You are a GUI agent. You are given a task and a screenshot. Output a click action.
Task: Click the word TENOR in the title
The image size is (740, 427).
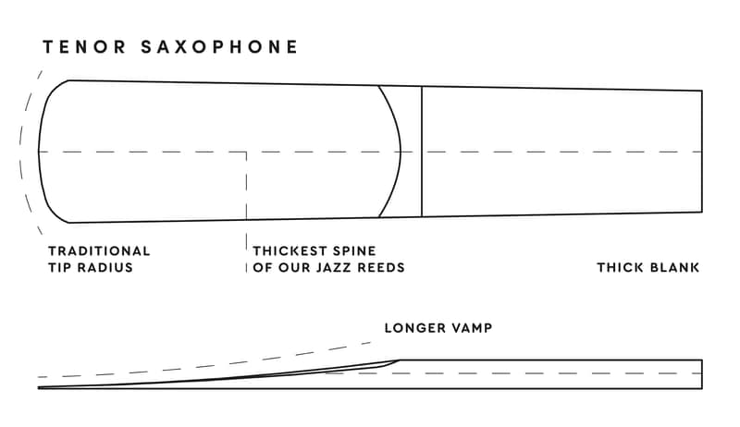tap(84, 47)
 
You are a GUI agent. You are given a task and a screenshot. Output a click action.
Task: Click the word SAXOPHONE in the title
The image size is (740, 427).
tap(219, 47)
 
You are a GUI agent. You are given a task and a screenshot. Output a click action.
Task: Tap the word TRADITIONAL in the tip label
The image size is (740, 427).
tap(99, 250)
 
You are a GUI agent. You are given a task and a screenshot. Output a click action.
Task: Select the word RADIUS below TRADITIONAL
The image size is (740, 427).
tap(105, 267)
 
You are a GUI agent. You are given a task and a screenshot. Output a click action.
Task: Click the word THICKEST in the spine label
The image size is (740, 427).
tap(290, 250)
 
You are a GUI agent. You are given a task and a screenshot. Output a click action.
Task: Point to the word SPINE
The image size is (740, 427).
tap(354, 250)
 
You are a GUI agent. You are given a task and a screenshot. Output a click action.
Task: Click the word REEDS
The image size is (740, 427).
tap(381, 267)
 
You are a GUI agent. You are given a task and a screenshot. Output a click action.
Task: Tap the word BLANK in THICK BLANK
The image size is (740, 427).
tap(674, 267)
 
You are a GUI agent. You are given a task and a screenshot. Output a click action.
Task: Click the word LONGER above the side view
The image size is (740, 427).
tap(413, 327)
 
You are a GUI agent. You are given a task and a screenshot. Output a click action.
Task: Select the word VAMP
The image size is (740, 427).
tap(470, 327)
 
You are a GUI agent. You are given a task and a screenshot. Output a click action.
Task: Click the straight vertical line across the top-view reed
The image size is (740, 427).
tap(422, 152)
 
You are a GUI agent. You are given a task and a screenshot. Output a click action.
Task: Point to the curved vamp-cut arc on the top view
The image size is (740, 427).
tap(401, 152)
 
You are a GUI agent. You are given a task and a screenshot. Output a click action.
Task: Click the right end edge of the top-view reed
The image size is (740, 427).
tap(702, 152)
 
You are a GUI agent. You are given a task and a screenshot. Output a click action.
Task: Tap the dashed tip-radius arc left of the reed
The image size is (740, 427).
tap(20, 152)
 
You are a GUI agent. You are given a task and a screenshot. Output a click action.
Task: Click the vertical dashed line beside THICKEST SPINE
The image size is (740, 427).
tap(246, 212)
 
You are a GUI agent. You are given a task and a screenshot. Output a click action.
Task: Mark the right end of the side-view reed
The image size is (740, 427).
tap(702, 374)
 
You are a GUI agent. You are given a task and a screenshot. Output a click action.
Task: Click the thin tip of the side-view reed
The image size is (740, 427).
tap(39, 388)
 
